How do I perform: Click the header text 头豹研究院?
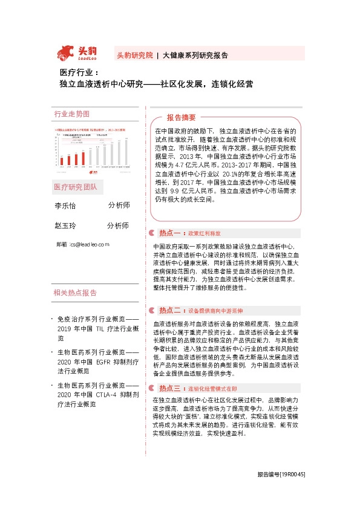[134, 55]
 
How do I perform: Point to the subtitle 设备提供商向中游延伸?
[215, 311]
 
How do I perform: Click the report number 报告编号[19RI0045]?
[281, 492]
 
